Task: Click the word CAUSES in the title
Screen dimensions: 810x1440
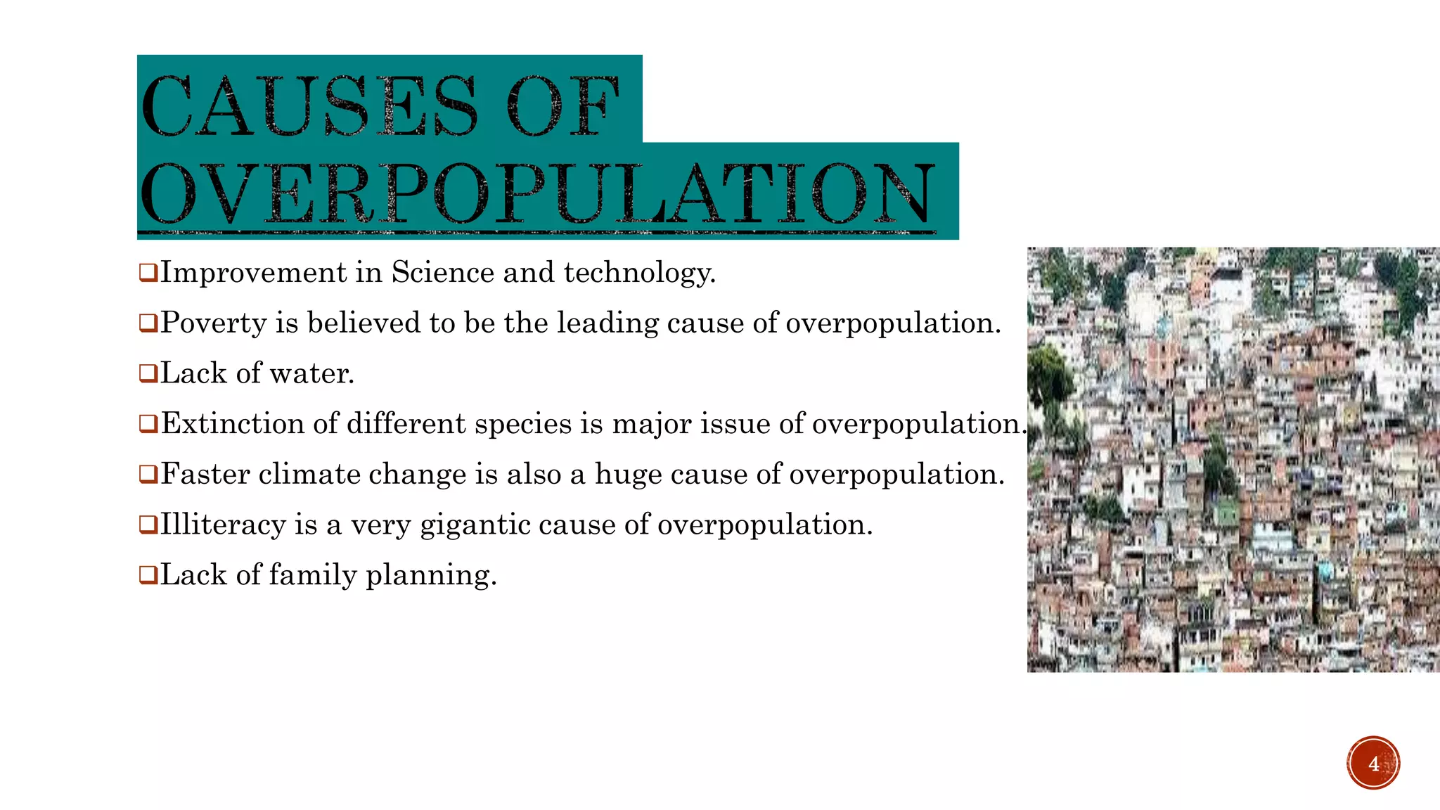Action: (309, 107)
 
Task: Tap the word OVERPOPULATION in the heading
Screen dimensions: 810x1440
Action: (538, 193)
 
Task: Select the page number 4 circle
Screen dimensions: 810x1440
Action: (1373, 763)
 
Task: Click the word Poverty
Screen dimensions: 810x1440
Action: (214, 323)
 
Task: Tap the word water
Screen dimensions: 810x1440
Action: (311, 373)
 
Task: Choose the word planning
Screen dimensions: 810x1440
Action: (431, 576)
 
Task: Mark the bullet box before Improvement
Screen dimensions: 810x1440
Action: (148, 272)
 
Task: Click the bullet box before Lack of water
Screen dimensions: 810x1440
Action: (148, 373)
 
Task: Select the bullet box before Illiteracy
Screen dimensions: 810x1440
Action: (148, 525)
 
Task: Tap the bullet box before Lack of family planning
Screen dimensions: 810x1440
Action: (148, 575)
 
